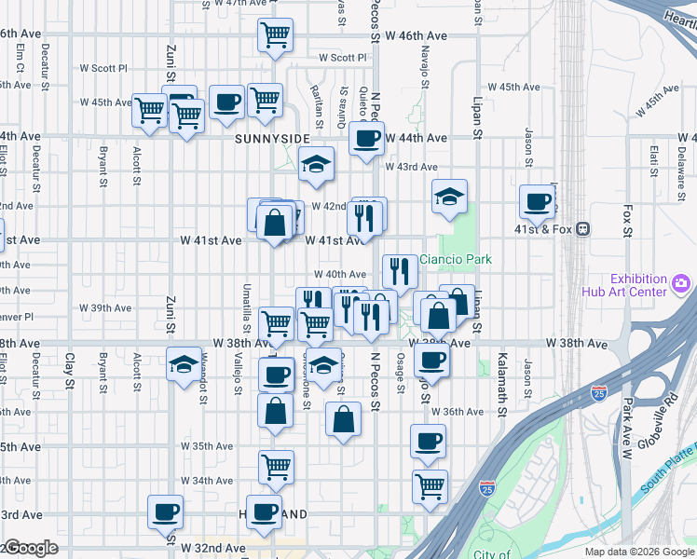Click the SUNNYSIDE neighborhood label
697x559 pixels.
point(272,139)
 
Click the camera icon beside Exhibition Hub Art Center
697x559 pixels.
point(682,280)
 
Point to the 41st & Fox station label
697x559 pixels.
point(542,227)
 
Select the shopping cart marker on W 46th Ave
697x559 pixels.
point(275,36)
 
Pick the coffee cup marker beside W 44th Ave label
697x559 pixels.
point(366,139)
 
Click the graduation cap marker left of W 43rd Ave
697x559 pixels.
point(317,165)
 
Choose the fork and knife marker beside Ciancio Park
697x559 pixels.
point(399,271)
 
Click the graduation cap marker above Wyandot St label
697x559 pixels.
point(184,363)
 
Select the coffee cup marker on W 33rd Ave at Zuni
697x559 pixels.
point(166,511)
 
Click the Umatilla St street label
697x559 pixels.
point(246,307)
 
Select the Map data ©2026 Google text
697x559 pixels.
point(639,552)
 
